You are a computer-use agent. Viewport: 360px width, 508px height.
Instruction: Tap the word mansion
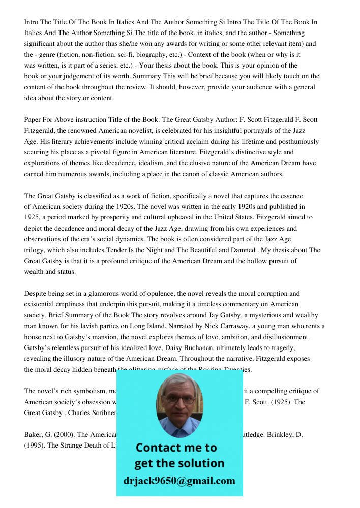click(x=117, y=337)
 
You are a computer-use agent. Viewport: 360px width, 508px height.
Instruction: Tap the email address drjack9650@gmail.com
click(x=179, y=481)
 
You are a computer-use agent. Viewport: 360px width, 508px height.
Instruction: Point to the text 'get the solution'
click(x=179, y=464)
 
